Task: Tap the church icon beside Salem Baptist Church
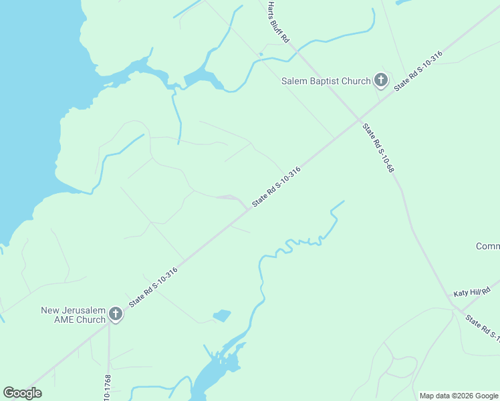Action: tap(380, 81)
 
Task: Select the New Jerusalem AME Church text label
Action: tap(73, 315)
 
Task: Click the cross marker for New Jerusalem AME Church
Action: tap(115, 314)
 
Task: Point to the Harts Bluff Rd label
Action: tap(277, 22)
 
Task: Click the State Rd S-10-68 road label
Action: tap(378, 148)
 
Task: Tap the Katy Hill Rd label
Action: tap(472, 293)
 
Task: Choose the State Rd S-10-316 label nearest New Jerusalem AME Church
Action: tap(153, 287)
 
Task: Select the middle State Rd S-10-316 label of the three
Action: tap(276, 186)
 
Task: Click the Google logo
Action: tap(22, 393)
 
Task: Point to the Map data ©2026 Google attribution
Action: tap(459, 396)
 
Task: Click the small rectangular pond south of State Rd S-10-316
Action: tap(221, 315)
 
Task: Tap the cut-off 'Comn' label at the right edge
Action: tap(487, 247)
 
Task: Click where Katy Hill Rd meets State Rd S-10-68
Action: tap(457, 307)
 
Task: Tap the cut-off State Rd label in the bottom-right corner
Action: tap(482, 327)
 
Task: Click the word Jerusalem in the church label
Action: tap(80, 310)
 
